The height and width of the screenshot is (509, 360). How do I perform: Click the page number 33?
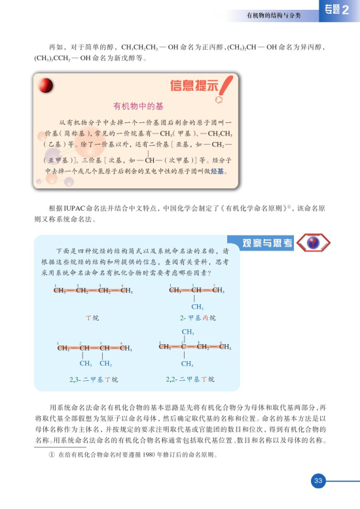click(x=318, y=481)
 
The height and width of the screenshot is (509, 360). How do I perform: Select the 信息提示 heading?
click(x=194, y=86)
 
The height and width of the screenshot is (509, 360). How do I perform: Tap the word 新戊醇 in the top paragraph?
click(x=129, y=58)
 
